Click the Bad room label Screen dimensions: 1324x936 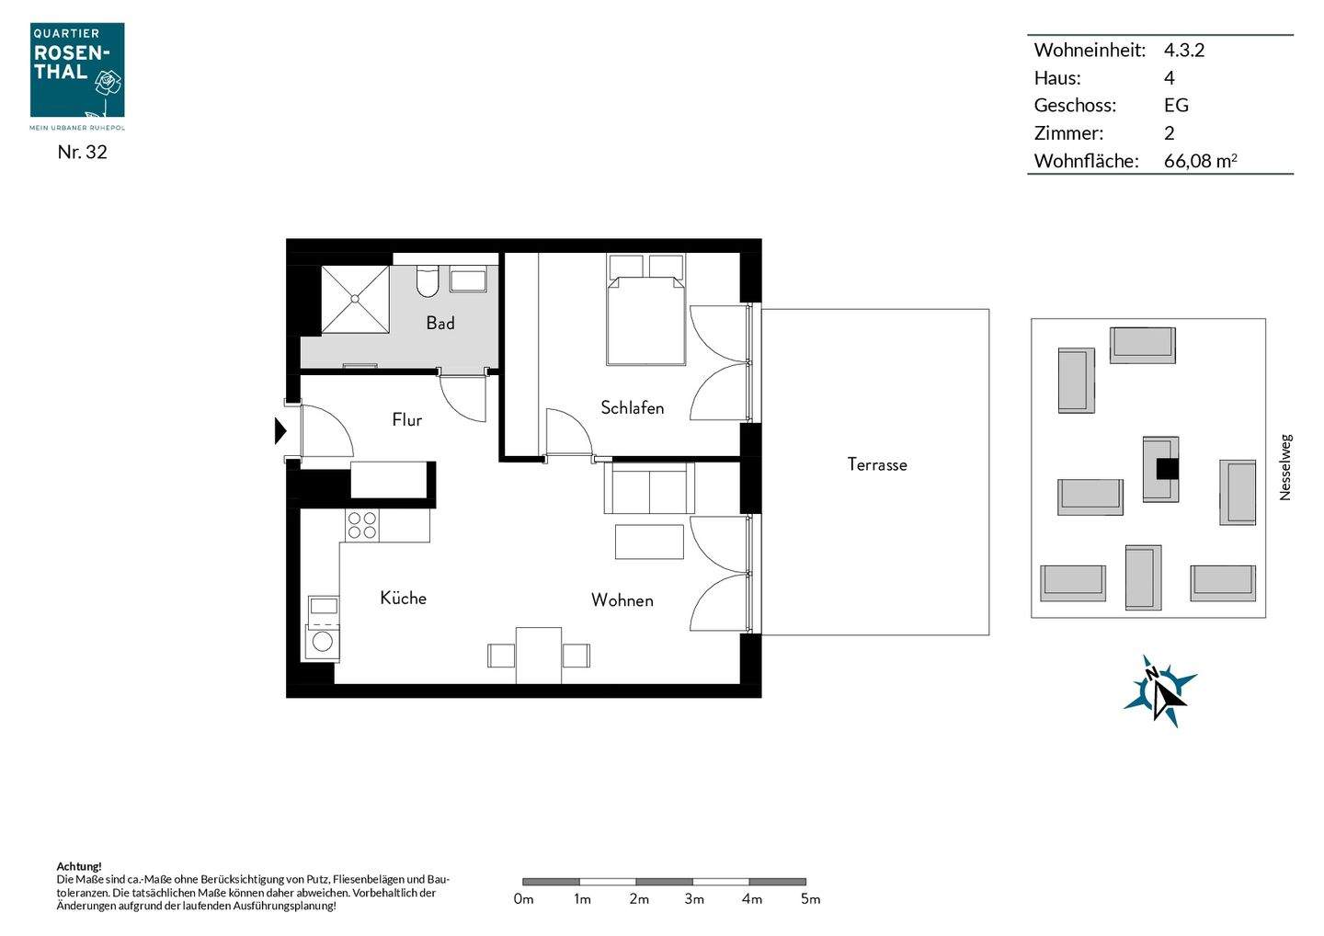[440, 323]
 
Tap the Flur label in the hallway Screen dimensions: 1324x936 [406, 419]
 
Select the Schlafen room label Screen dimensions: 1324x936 [632, 407]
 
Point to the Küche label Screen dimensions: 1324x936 [403, 598]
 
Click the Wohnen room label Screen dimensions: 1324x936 [622, 600]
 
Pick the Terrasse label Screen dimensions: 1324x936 [876, 464]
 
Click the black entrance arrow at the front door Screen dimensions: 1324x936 [280, 431]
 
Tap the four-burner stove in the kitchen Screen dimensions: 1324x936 [362, 525]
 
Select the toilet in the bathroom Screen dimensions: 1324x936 [427, 281]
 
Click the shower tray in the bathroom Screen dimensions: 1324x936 [355, 300]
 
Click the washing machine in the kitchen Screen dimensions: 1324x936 [322, 641]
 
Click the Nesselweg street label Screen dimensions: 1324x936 [1285, 467]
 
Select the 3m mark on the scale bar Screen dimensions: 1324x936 [694, 899]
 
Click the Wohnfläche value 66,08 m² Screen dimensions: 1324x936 [1201, 161]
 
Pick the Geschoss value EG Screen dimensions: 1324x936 [1176, 105]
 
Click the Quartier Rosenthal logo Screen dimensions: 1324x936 [77, 76]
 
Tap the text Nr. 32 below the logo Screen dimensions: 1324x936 [82, 152]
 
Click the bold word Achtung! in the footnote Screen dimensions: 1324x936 [79, 866]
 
